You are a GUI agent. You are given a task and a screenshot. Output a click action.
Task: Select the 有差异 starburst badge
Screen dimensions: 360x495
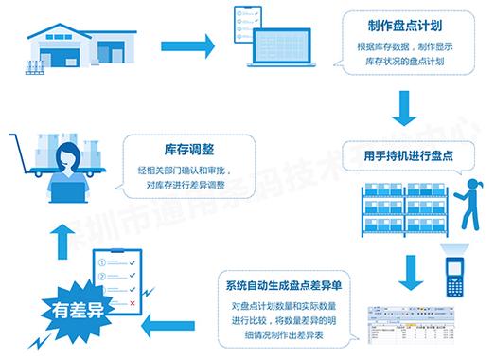55,309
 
